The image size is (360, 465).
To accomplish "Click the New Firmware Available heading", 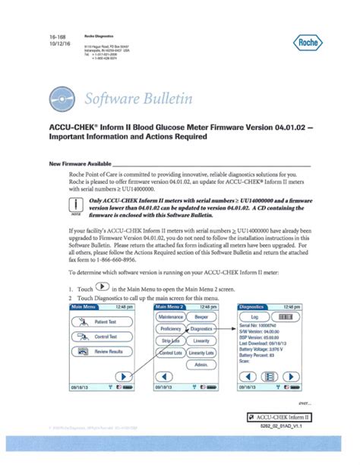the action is pyautogui.click(x=79, y=163).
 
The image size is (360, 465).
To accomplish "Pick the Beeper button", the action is pyautogui.click(x=201, y=294).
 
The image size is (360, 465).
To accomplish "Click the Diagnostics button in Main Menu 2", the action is pyautogui.click(x=201, y=307).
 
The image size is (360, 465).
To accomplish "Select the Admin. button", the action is pyautogui.click(x=201, y=365).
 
